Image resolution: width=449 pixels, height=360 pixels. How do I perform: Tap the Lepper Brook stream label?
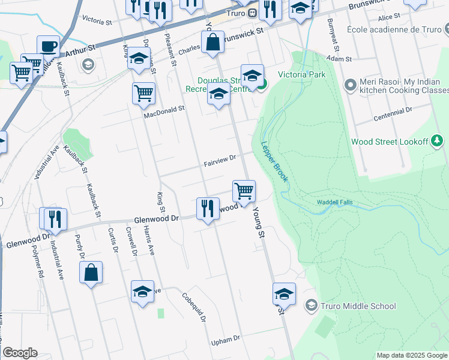pyautogui.click(x=274, y=163)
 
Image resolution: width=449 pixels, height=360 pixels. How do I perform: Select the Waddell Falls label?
pyautogui.click(x=337, y=203)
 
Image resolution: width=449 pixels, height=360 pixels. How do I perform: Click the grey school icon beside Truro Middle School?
pyautogui.click(x=310, y=306)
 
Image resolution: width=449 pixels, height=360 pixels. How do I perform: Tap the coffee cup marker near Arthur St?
pyautogui.click(x=48, y=46)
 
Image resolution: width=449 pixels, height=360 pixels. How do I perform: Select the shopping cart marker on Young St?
pyautogui.click(x=244, y=191)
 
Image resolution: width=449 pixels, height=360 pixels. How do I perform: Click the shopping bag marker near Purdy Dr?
pyautogui.click(x=91, y=272)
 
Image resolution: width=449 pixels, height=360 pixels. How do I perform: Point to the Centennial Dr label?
pyautogui.click(x=393, y=110)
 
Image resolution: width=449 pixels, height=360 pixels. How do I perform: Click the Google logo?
pyautogui.click(x=20, y=353)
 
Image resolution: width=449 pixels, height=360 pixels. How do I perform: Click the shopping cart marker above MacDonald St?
pyautogui.click(x=143, y=93)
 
